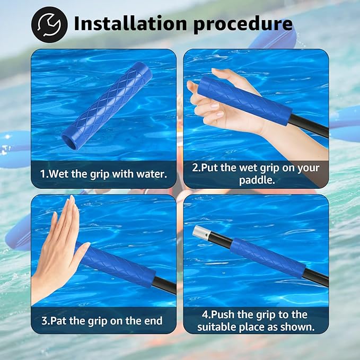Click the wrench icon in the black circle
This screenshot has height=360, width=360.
pos(49,24)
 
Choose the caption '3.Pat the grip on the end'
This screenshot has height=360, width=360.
pos(101,321)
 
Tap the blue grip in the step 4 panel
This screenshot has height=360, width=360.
pos(268,257)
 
